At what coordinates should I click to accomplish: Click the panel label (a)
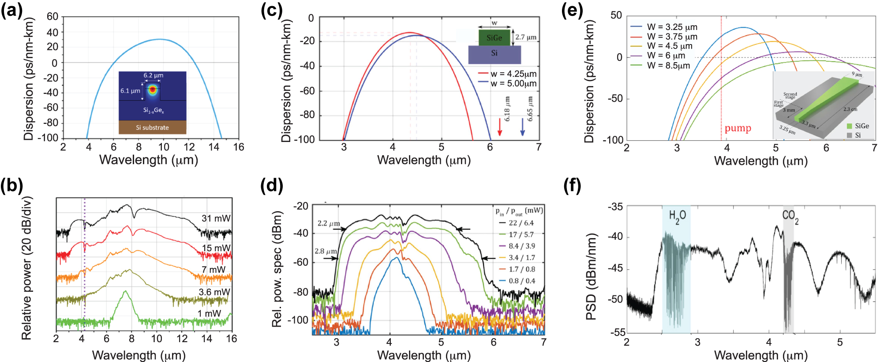pyautogui.click(x=11, y=10)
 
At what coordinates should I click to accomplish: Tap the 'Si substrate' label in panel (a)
pyautogui.click(x=152, y=128)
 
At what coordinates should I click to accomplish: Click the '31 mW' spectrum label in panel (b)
pyautogui.click(x=216, y=218)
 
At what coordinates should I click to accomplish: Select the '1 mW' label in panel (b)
pyautogui.click(x=209, y=313)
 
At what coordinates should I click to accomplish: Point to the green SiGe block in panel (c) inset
pyautogui.click(x=494, y=38)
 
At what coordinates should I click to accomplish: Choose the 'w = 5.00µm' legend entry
pyautogui.click(x=513, y=83)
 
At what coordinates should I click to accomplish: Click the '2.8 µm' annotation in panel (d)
pyautogui.click(x=326, y=251)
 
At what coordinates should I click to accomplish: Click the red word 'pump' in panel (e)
pyautogui.click(x=738, y=128)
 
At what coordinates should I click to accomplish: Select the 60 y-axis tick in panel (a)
pyautogui.click(x=52, y=17)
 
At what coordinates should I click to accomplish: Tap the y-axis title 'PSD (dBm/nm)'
pyautogui.click(x=591, y=277)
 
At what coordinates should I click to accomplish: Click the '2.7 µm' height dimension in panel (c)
pyautogui.click(x=526, y=37)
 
